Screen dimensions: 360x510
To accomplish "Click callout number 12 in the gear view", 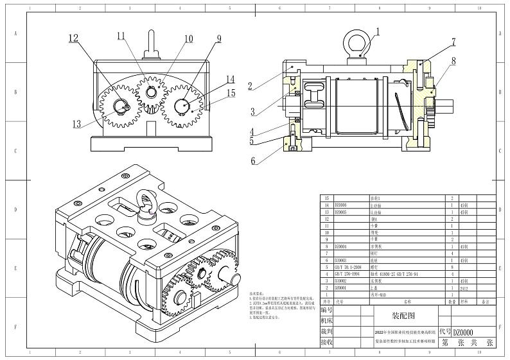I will pos(74,39).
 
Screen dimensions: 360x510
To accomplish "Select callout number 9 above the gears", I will pos(219,39).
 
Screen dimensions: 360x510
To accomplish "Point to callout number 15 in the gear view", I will pos(230,93).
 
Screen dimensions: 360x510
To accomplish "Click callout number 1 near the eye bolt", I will pos(378,31).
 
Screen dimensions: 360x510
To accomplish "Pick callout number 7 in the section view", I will pos(453,42).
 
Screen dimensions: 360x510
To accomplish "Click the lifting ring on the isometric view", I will pos(145,205).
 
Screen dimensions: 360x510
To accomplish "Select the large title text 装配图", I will pos(404,316).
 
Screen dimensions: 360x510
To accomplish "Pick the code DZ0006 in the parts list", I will pos(340,205).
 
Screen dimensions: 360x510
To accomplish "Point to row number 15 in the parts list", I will pos(326,199).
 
